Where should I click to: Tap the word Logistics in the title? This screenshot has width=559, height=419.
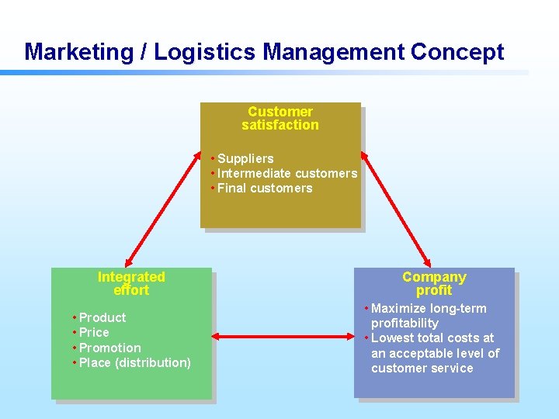pos(205,53)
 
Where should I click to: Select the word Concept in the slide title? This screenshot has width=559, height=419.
pos(457,53)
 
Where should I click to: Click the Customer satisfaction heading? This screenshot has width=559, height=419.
pos(280,119)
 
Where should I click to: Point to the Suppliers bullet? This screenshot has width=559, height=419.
pos(245,159)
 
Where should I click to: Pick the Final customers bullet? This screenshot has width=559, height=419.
pos(265,189)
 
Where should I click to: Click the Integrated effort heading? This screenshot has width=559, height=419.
pos(131,284)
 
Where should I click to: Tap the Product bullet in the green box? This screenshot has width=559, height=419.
pos(102,318)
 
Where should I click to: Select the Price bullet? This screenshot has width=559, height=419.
pos(94,333)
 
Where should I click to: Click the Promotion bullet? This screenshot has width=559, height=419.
pos(109,348)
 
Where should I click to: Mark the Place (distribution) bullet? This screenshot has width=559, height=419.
pos(134,363)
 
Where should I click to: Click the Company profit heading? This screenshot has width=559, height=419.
pos(434,284)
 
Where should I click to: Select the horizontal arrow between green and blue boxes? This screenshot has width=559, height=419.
pos(283,336)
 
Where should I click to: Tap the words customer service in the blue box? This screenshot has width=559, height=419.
pos(422,369)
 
